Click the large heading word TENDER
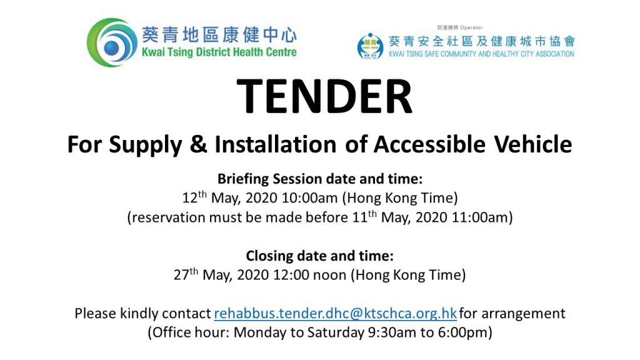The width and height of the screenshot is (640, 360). (324, 97)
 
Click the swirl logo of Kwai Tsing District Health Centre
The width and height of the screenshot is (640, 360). (112, 42)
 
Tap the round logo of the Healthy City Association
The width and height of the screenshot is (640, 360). (370, 46)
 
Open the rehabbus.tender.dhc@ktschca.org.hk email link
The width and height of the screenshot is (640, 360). (335, 314)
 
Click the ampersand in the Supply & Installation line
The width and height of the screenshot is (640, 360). (198, 144)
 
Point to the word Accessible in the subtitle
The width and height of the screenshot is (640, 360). (429, 144)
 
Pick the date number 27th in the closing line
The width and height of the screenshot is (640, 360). (186, 274)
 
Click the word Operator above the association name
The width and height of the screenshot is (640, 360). (471, 27)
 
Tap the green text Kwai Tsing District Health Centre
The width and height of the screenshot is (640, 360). (219, 52)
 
